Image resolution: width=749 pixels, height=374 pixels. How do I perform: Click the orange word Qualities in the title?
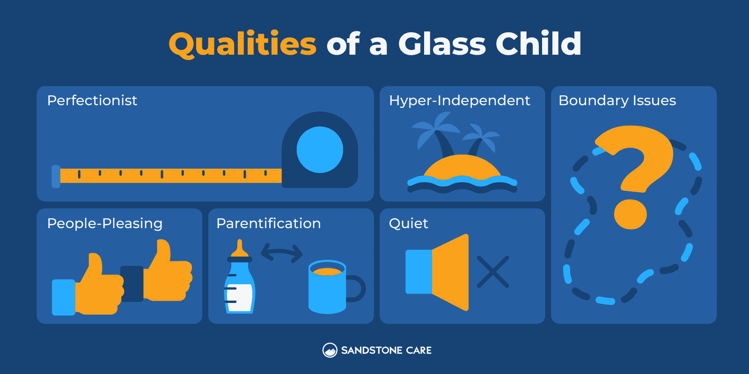pyautogui.click(x=242, y=44)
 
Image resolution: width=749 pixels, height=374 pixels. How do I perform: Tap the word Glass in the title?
pyautogui.click(x=442, y=44)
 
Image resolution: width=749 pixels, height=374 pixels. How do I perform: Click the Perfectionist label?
pyautogui.click(x=92, y=101)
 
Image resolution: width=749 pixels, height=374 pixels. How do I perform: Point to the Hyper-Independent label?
pyautogui.click(x=459, y=101)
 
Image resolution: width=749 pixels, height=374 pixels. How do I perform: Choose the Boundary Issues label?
pyautogui.click(x=617, y=101)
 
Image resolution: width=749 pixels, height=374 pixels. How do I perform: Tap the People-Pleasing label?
pyautogui.click(x=105, y=223)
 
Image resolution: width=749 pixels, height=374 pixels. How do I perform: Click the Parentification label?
pyautogui.click(x=268, y=223)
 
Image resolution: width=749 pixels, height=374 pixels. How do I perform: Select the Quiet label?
pyautogui.click(x=408, y=223)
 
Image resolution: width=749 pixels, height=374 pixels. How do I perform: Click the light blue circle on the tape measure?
pyautogui.click(x=320, y=150)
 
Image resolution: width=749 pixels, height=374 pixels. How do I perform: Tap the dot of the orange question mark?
pyautogui.click(x=630, y=214)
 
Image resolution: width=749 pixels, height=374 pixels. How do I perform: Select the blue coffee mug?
pyautogui.click(x=328, y=288)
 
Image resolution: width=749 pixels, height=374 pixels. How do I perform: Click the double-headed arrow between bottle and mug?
pyautogui.click(x=281, y=252)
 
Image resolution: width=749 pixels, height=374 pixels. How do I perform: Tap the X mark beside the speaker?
pyautogui.click(x=492, y=272)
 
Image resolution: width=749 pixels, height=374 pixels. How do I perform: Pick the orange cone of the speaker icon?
pyautogui.click(x=451, y=272)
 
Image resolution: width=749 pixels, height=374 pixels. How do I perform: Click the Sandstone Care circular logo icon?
pyautogui.click(x=330, y=350)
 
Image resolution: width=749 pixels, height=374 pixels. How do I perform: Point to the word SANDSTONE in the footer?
pyautogui.click(x=372, y=351)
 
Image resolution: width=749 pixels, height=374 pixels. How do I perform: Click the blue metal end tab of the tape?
pyautogui.click(x=56, y=176)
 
